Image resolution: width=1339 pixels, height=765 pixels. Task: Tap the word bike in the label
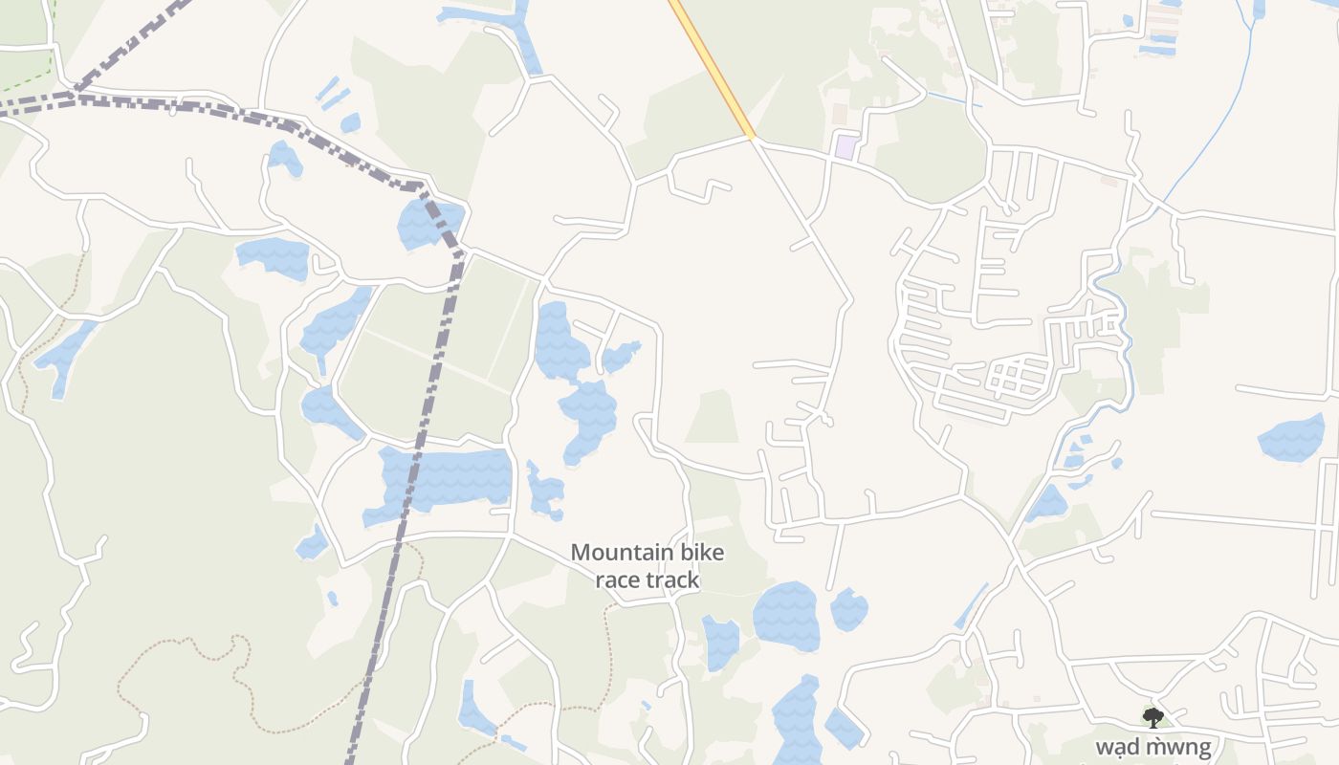tap(701, 553)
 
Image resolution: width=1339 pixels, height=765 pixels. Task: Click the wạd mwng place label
tap(1153, 747)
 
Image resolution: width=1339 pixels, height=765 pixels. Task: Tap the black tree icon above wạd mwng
tap(1153, 717)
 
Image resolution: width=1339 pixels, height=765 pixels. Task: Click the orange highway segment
tap(713, 67)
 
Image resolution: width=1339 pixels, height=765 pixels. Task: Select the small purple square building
tap(845, 147)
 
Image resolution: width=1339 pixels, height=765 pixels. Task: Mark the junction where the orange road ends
tap(753, 138)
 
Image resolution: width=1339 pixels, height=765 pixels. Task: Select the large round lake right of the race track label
tap(786, 617)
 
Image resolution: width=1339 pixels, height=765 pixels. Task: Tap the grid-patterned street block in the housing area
tap(1009, 378)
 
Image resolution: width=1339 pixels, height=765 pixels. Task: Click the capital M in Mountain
tap(580, 553)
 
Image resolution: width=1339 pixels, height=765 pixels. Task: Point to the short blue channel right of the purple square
tap(952, 99)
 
